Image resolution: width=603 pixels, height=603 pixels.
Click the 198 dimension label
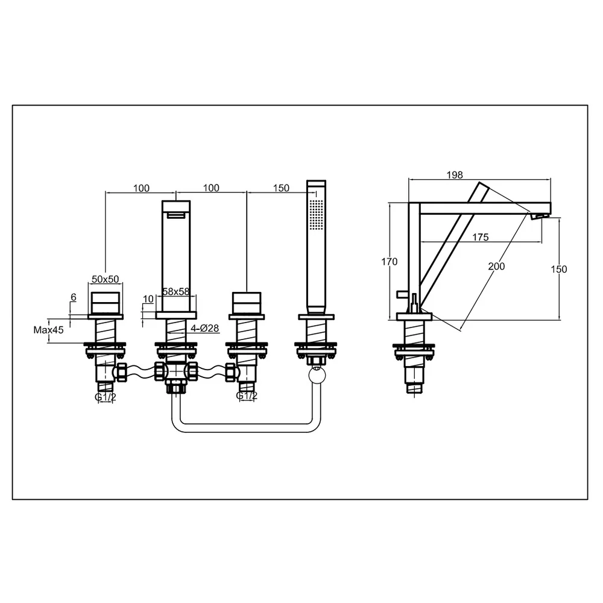[455, 175]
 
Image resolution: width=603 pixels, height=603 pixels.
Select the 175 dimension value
[481, 237]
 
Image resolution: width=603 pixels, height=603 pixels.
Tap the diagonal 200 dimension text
[496, 266]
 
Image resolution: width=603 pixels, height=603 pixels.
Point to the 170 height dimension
[389, 262]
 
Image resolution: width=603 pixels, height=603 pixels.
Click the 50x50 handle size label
[106, 279]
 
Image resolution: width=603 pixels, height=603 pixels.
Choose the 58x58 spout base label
[175, 291]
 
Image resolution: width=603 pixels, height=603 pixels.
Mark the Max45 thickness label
[48, 330]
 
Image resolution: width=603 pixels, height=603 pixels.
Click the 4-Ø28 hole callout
[204, 328]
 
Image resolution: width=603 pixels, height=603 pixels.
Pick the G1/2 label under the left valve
[106, 397]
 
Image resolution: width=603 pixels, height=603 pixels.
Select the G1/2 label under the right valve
[247, 396]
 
